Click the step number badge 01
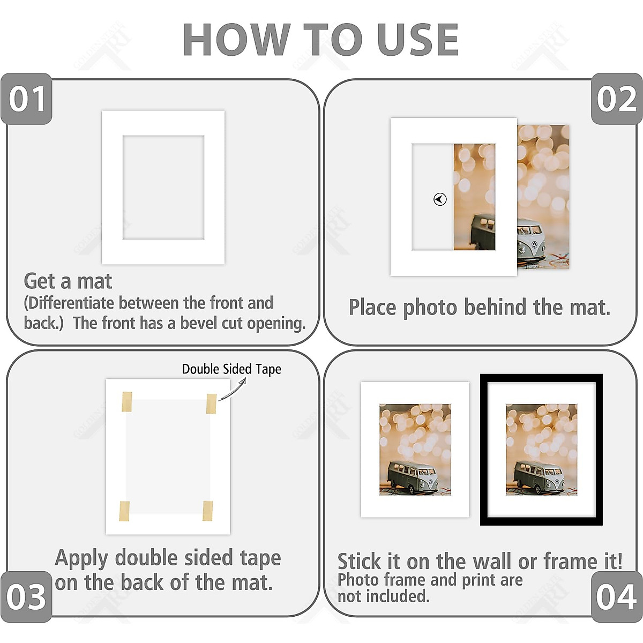point(27,100)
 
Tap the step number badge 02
point(617,100)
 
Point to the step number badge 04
point(617,597)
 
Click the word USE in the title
point(418,40)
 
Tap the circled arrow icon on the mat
point(440,199)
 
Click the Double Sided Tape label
point(231,369)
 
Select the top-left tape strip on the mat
point(127,402)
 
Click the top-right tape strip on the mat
point(211,404)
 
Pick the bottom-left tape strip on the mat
point(124,511)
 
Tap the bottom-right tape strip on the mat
point(207,511)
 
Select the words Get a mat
point(68,281)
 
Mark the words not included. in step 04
point(383,596)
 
